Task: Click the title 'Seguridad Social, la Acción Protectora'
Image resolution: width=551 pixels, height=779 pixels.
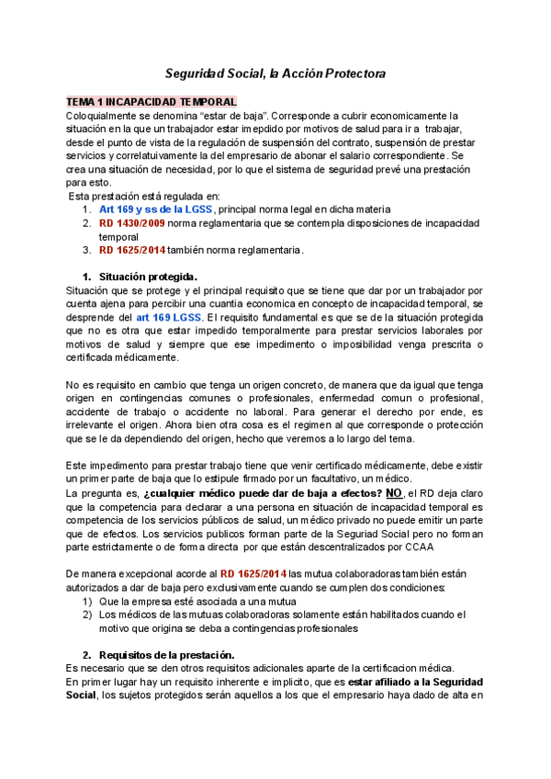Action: coord(275,73)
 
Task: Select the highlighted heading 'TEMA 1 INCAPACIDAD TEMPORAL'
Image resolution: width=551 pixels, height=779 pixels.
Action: coord(152,102)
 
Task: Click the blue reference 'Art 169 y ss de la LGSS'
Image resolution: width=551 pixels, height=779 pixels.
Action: coord(156,209)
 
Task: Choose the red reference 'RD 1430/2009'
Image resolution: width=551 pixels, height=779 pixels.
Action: coord(134,223)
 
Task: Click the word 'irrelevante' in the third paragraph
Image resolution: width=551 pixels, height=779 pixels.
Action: coord(93,425)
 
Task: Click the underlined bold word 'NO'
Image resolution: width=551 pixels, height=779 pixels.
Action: coord(394,493)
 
